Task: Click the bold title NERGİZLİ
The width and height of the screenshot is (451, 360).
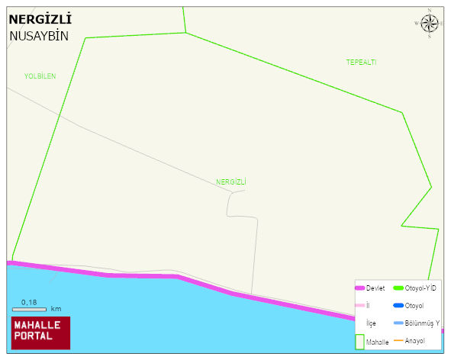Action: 40,19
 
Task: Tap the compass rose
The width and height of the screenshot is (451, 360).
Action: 430,24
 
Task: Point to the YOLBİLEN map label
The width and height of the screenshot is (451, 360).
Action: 40,76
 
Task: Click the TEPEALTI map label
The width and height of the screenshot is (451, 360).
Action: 361,62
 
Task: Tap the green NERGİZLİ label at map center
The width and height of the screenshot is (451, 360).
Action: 231,182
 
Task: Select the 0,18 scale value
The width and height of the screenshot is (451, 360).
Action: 29,302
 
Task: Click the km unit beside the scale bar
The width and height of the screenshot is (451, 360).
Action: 56,309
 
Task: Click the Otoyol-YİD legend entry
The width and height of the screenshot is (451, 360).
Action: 419,288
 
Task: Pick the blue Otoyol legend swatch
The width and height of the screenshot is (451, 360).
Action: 398,306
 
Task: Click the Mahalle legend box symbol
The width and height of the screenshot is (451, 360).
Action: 360,342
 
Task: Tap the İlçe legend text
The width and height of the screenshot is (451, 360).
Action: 371,323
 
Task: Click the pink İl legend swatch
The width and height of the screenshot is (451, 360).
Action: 360,306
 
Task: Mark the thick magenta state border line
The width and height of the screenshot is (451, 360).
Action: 206,285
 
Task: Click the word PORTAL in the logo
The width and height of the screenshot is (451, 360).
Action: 33,336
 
